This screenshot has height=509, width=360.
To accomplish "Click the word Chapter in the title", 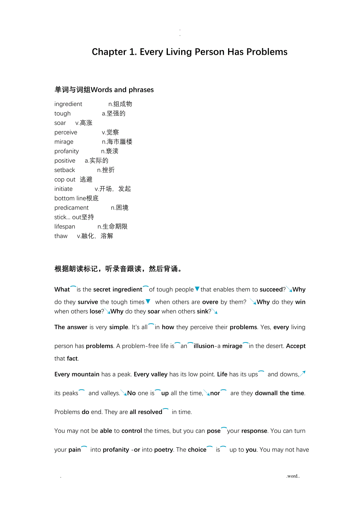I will coord(109,52).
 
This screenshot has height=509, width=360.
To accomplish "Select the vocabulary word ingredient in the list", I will coord(68,104).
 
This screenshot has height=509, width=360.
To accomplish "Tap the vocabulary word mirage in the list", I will coord(64,142).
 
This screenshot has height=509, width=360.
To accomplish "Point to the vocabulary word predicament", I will coord(72,208).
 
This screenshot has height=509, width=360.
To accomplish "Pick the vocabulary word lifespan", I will coord(65,227).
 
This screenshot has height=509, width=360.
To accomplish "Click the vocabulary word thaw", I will coord(61,236).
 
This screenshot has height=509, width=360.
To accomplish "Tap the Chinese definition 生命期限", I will coord(115,227).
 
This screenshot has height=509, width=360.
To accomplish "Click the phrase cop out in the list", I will coord(65,179).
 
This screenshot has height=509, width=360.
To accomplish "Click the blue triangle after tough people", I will coord(197,289).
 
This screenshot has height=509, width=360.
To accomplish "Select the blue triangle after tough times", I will coord(148,301).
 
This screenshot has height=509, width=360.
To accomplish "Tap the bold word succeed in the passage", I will coord(271,290).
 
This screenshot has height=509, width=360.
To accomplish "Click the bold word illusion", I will coord(204,346).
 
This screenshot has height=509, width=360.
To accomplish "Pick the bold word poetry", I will coord(164,450).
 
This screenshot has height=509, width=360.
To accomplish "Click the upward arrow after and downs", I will coord(302,374).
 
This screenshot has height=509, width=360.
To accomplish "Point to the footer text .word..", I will coord(293,476).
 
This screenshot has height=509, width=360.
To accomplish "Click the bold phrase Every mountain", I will coord(77,375).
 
